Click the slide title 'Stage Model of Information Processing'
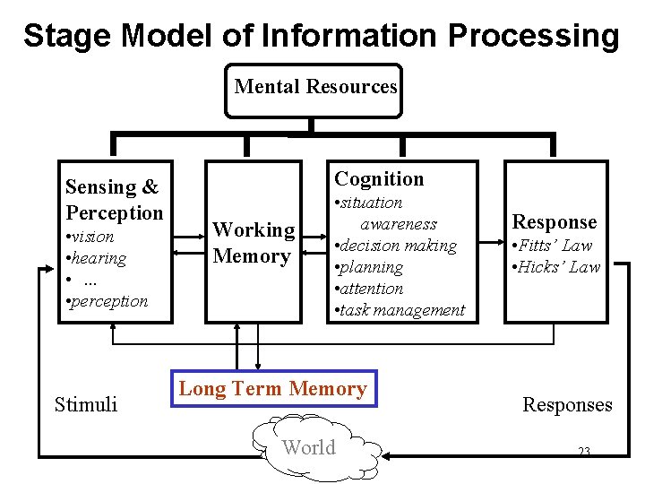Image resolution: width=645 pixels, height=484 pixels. (321, 36)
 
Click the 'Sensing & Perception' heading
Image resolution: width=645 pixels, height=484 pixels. (114, 199)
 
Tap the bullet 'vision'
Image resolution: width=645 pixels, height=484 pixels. (90, 237)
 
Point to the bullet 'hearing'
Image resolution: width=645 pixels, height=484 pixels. (97, 258)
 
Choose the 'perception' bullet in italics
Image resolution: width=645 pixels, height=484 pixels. (107, 301)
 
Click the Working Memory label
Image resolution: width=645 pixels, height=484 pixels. (254, 243)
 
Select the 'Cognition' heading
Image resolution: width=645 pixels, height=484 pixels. (379, 179)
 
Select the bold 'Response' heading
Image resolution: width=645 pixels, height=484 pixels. (554, 222)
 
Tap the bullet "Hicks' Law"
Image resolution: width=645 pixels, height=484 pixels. (555, 267)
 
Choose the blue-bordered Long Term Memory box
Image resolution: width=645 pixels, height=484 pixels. (273, 389)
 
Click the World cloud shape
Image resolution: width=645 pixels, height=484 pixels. (310, 447)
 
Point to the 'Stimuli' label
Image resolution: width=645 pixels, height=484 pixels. (86, 404)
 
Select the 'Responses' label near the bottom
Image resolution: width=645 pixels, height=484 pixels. (567, 404)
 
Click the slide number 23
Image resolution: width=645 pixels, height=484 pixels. (583, 452)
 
